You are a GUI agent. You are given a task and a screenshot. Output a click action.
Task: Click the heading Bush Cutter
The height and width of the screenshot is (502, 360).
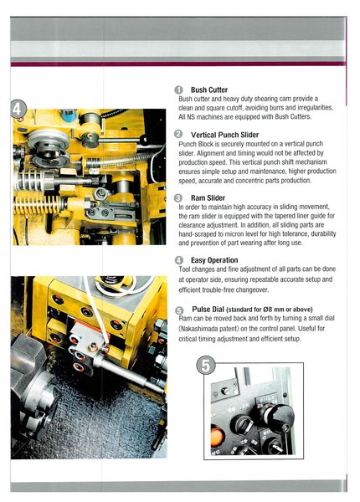pos(209,90)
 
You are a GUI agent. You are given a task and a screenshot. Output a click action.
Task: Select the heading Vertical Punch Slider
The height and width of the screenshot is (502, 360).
pos(224,135)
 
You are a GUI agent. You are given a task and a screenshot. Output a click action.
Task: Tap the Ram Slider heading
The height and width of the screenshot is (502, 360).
pos(208,197)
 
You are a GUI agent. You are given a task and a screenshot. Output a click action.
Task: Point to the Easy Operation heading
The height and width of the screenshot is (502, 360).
pos(214,260)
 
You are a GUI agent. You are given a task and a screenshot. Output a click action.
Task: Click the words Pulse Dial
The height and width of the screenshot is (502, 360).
pos(208,310)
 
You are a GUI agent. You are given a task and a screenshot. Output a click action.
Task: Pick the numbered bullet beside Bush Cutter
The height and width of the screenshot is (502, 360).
pos(178,90)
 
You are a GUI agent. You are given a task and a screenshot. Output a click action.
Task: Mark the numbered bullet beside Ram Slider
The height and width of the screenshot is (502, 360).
pos(178,197)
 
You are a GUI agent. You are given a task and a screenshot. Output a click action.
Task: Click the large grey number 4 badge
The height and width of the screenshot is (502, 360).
pos(18,109)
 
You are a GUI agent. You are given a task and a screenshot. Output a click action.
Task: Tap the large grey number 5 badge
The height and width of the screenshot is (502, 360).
pos(205,366)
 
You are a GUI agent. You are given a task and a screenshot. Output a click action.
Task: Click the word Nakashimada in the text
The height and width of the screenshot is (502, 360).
pos(198,329)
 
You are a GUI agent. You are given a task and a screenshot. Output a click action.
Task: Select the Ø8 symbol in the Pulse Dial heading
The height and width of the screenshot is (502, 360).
pos(267,310)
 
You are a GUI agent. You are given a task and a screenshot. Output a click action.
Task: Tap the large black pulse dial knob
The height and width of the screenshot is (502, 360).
pos(279,418)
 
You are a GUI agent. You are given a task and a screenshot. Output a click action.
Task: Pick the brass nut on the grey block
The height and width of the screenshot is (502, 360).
pos(94,346)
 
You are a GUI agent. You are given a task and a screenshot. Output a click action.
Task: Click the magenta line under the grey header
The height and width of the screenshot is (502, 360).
pos(177,64)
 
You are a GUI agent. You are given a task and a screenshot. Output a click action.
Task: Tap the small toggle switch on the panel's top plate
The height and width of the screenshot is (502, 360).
pos(225,391)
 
